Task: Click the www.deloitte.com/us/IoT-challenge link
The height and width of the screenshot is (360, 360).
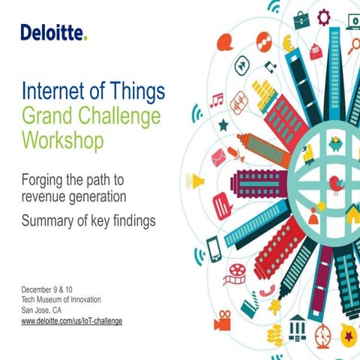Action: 71,320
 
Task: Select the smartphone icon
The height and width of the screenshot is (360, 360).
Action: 212,246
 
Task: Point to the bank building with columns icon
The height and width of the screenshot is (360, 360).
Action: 297,327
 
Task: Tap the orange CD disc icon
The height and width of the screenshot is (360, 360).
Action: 263,40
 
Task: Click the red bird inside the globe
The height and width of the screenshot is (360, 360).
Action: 336,182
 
